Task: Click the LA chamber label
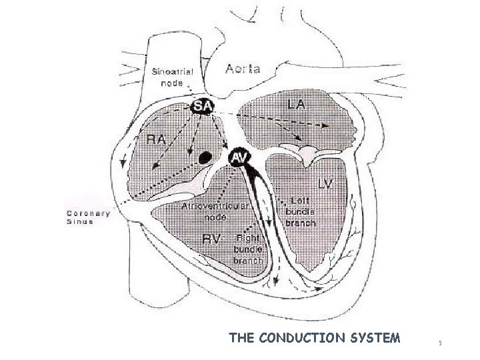[x=297, y=105]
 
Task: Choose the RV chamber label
[x=212, y=239]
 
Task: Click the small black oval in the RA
[x=206, y=157]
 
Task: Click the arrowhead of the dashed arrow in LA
[x=325, y=125]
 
